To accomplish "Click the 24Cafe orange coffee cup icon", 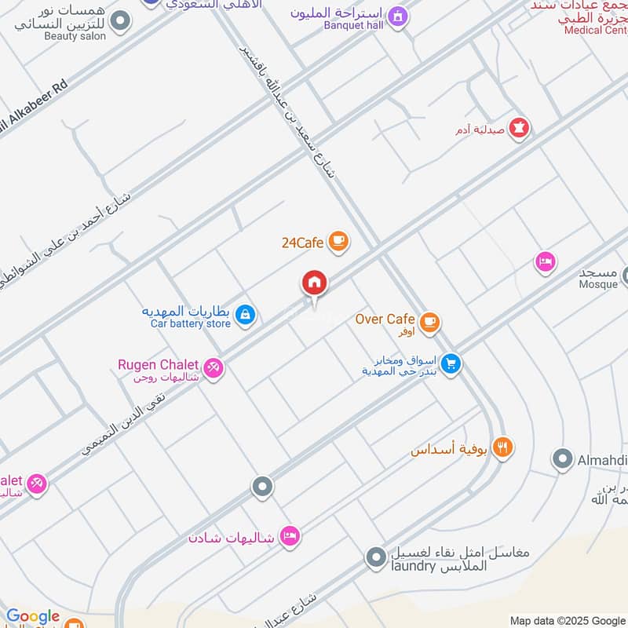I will click(x=338, y=241).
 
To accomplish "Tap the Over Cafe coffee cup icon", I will click(x=429, y=320).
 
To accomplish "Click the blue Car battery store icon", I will click(x=246, y=315).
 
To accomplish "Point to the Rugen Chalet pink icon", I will click(x=213, y=367).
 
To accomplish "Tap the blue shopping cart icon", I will click(x=450, y=363).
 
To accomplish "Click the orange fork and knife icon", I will click(x=503, y=447).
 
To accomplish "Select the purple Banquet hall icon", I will click(x=398, y=16).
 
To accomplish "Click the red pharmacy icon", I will click(x=519, y=127).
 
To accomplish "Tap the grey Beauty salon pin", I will click(x=120, y=21).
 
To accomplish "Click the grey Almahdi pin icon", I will click(x=562, y=459).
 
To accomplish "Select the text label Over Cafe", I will click(x=385, y=319).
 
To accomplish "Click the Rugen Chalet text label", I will click(x=158, y=364).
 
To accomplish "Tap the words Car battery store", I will click(x=191, y=323).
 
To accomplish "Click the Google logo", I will click(x=33, y=617).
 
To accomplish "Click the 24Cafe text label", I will click(x=302, y=243).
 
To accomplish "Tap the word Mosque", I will click(x=598, y=284).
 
